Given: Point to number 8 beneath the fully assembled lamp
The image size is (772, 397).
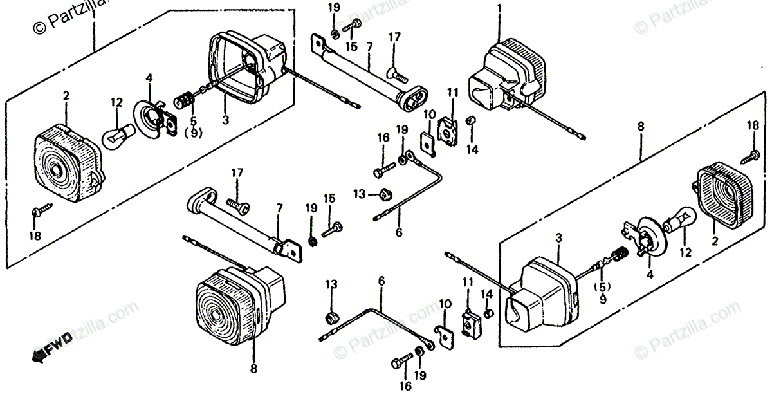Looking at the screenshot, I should (x=253, y=369).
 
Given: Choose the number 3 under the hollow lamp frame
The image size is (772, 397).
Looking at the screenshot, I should (x=225, y=120).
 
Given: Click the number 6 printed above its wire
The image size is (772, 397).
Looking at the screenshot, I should (x=381, y=281).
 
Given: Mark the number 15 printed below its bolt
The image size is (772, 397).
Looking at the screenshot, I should (x=351, y=48).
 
